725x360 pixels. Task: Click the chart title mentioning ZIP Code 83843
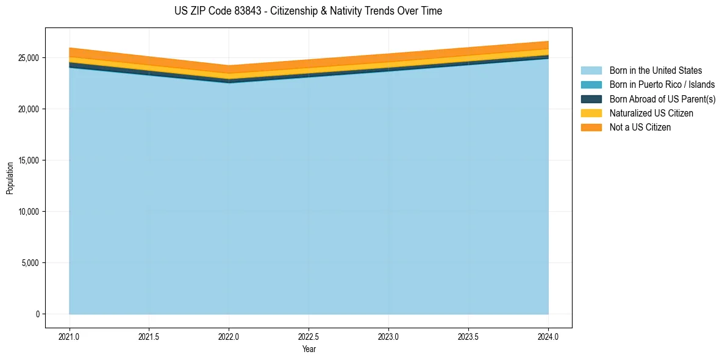point(308,11)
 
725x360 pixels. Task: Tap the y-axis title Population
point(10,178)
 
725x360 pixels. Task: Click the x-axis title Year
point(309,350)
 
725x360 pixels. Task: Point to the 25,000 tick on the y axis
point(28,58)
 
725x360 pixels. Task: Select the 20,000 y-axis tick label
point(28,109)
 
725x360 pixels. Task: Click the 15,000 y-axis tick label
point(28,160)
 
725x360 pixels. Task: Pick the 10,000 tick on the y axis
point(28,212)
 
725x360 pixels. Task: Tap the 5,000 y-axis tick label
point(30,263)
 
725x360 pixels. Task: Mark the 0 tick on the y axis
point(38,314)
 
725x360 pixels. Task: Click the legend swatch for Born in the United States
point(591,71)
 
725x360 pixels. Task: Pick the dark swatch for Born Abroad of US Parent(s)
point(591,99)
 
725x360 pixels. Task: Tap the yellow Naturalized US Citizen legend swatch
point(591,113)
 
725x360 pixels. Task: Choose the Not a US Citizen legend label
point(640,127)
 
